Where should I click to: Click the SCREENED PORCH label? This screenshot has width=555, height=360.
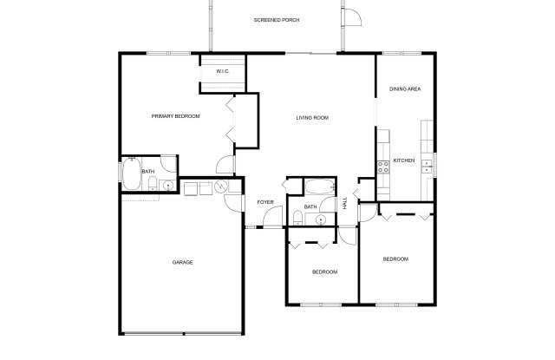277,20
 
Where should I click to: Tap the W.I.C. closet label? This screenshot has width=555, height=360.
223,71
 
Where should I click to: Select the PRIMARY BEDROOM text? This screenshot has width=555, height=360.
175,116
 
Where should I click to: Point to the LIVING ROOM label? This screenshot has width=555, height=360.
312,117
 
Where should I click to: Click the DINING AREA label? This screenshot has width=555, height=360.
405,88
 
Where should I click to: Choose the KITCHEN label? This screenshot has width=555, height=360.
404,160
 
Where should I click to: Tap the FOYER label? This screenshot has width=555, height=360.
265,202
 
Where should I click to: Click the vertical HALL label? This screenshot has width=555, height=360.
345,203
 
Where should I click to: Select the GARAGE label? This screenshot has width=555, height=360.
183,262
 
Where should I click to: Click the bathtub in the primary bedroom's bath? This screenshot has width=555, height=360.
132,173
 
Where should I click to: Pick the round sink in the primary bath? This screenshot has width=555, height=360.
167,185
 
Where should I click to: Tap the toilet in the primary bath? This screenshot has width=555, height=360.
153,183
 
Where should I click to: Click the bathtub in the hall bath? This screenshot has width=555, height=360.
320,187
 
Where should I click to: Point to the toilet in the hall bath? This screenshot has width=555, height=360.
297,218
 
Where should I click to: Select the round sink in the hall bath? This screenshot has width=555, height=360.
320,220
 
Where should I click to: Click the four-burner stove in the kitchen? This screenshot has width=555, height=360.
382,167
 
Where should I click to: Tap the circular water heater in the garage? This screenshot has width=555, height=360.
221,187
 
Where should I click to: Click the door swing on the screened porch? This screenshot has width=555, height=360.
351,17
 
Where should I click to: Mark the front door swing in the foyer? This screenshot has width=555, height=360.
272,216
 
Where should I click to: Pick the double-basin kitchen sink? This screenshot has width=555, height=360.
427,167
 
